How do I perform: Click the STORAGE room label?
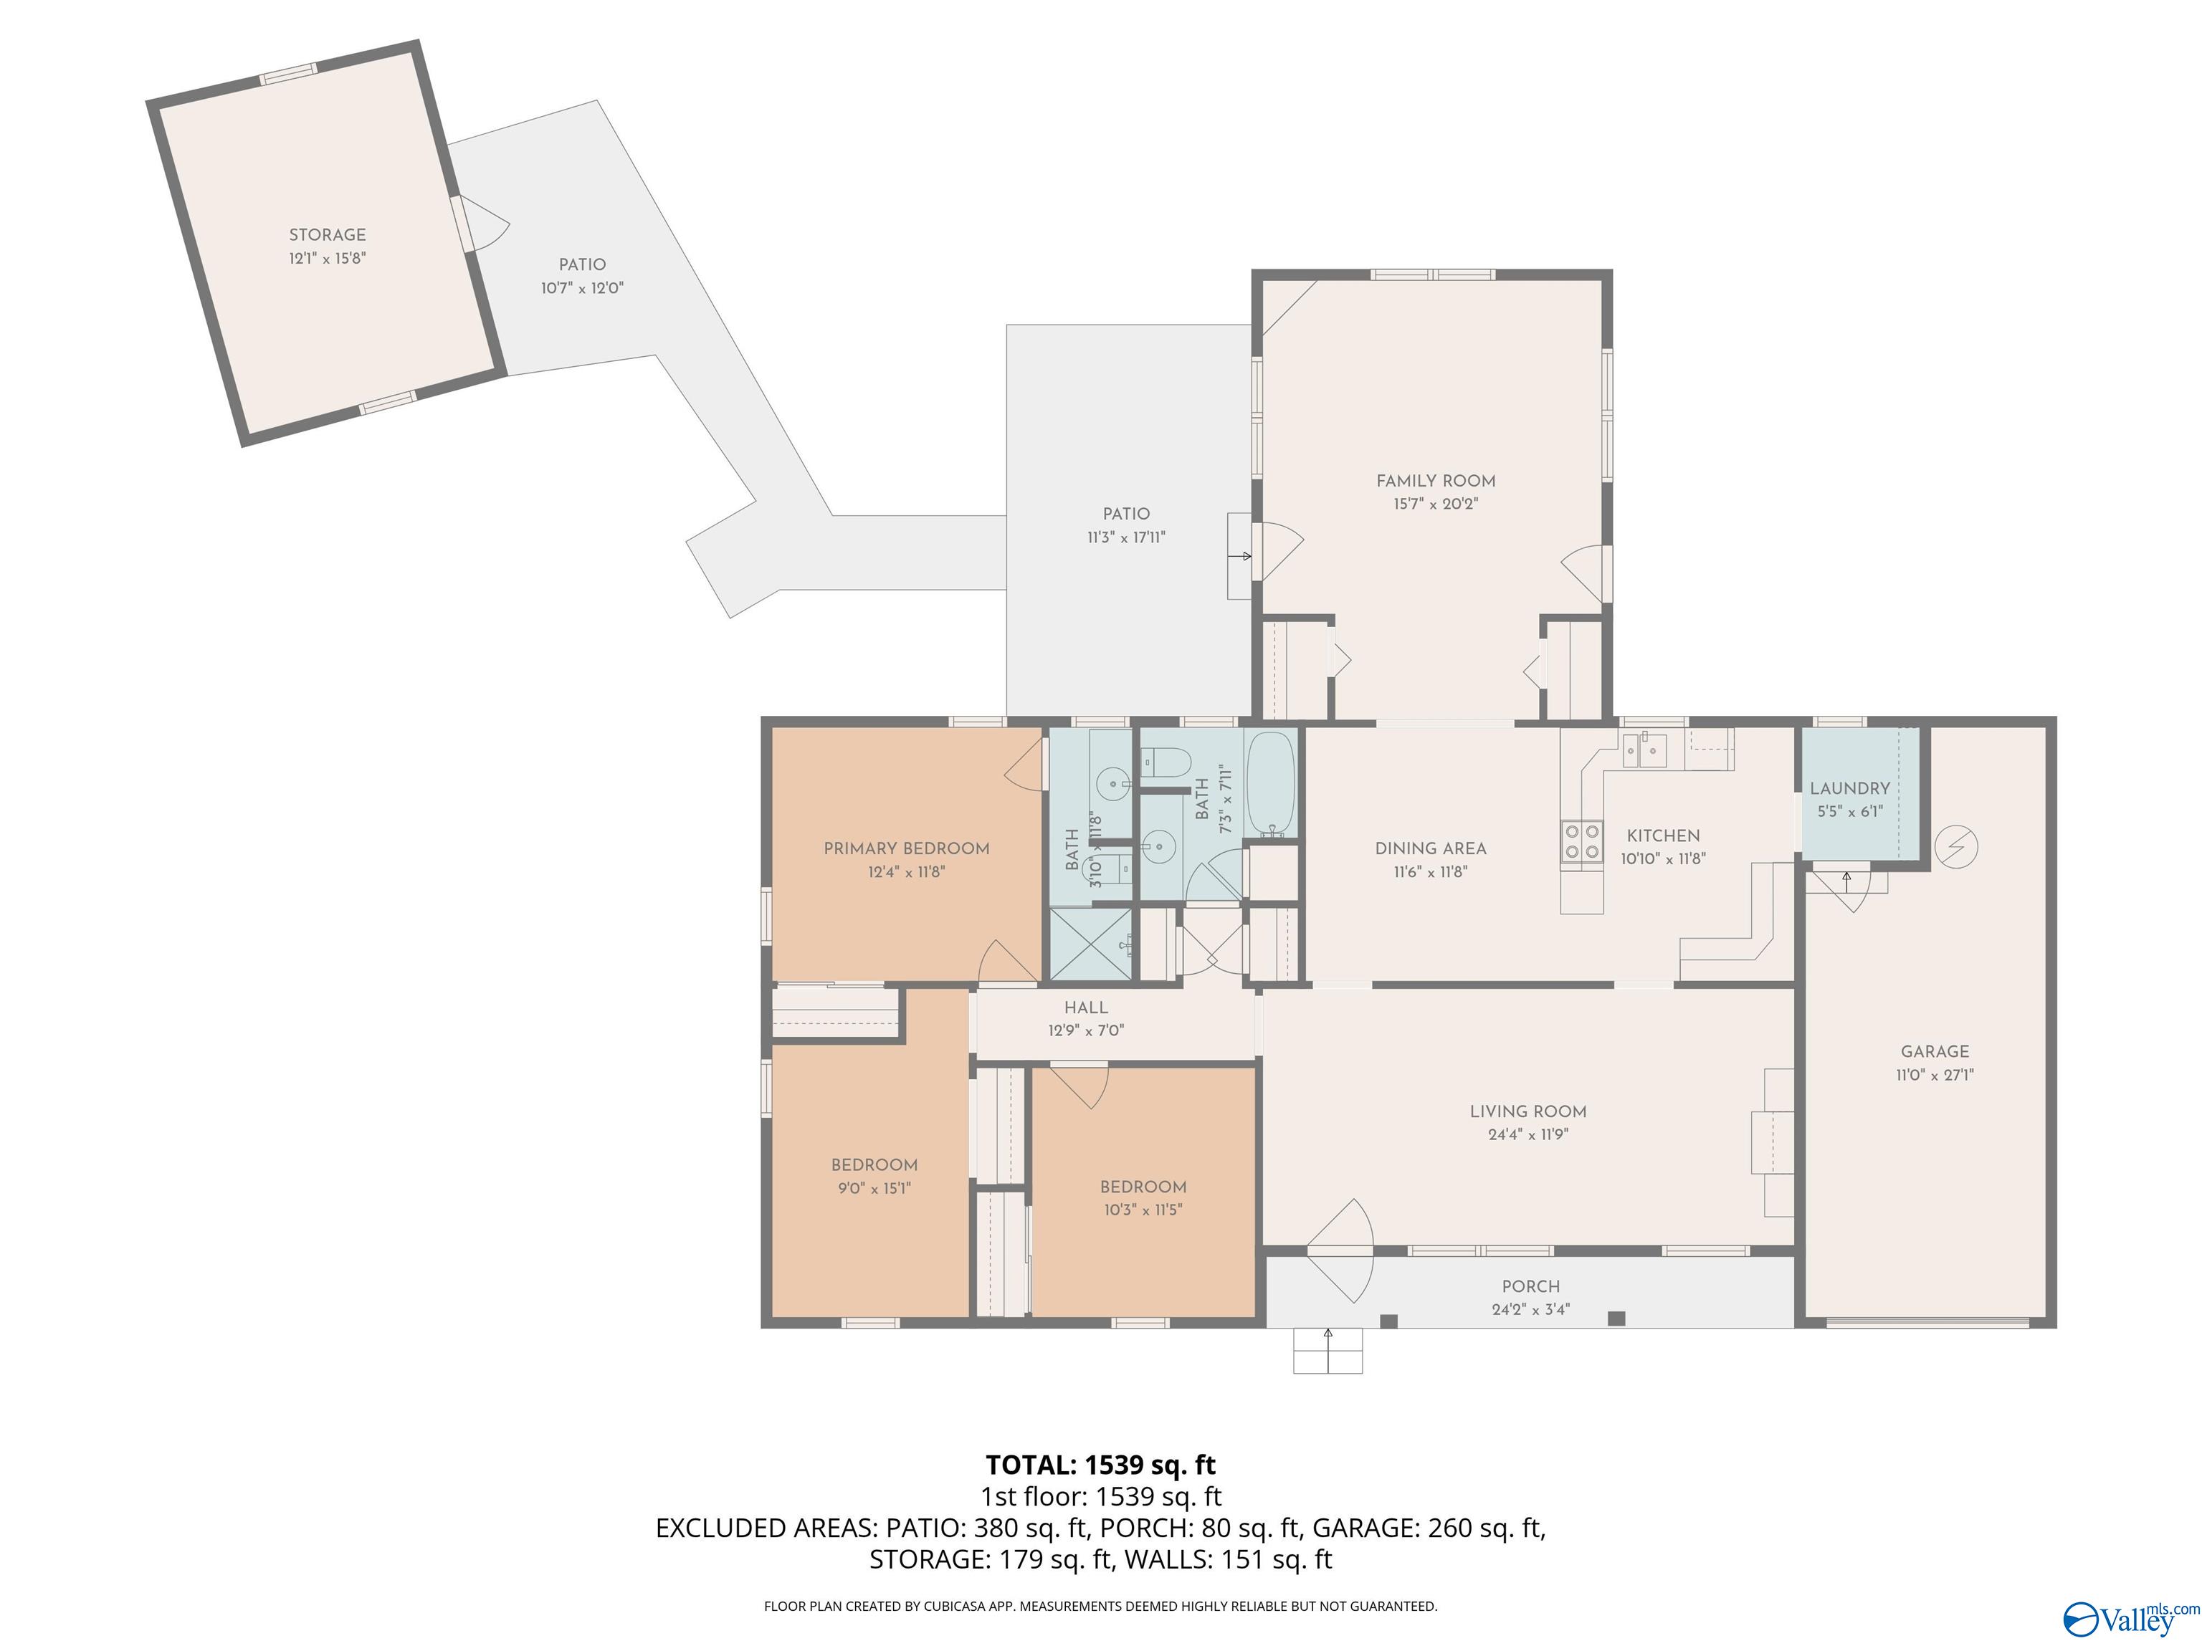pos(328,235)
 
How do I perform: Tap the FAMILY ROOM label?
pos(1436,481)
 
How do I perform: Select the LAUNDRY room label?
pos(1849,788)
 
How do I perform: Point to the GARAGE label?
pos(1934,1051)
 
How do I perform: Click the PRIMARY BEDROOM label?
pos(906,849)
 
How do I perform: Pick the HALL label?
pos(1086,1008)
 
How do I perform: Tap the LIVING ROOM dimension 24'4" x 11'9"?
pos(1528,1134)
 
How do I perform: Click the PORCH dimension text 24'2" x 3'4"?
pos(1531,1310)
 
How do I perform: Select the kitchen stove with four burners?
pos(1581,841)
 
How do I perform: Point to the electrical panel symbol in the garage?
pos(1956,847)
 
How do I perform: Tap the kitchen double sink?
pos(1646,750)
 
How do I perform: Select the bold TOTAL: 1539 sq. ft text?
pos(1100,1465)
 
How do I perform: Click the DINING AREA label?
pos(1431,849)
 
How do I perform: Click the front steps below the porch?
pos(1328,1351)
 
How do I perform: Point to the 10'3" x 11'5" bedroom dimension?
pos(1142,1210)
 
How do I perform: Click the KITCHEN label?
pos(1664,836)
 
